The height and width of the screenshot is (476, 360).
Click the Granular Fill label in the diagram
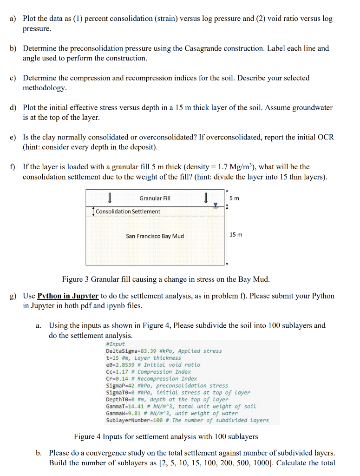155,198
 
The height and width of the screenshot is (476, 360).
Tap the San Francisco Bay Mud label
155,236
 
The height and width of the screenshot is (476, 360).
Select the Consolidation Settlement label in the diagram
128,212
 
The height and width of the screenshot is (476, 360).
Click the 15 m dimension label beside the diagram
236,234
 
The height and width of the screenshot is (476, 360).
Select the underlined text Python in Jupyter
68,296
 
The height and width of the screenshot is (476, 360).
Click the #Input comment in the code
116,344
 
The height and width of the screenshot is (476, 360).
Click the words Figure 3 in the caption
75,279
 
